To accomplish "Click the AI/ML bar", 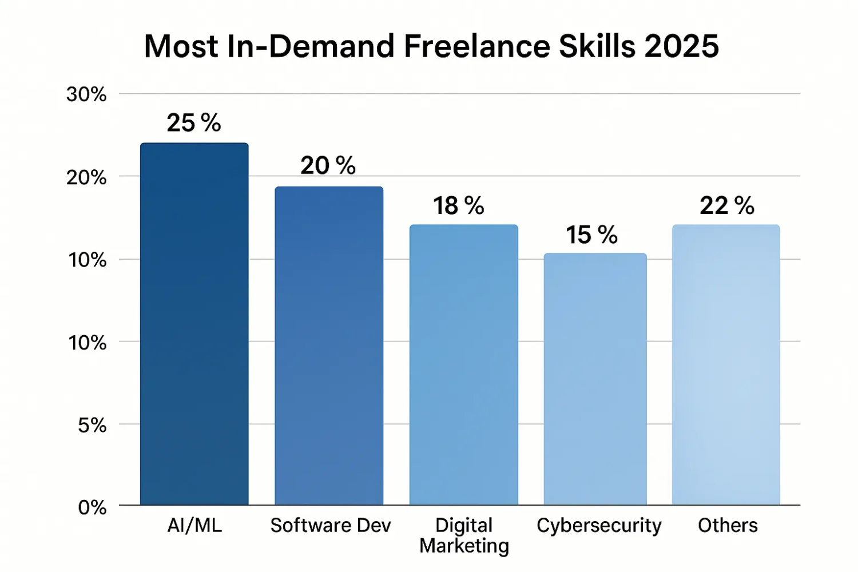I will (194, 324).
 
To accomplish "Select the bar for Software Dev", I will (329, 345).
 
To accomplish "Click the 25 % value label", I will (194, 123).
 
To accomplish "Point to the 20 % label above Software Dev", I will (328, 166).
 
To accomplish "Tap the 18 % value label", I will (458, 206).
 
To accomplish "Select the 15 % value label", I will (591, 235).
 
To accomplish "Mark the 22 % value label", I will (726, 206).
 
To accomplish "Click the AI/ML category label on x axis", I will (194, 525).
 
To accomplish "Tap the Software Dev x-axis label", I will (331, 525).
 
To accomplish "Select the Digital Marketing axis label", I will (464, 535).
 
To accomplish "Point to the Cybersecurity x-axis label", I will (599, 525).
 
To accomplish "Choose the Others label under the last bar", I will (728, 525).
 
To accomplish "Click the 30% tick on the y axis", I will (86, 94).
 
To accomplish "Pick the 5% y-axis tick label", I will (92, 425).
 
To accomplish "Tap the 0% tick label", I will (92, 507).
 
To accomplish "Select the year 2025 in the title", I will (681, 46).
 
